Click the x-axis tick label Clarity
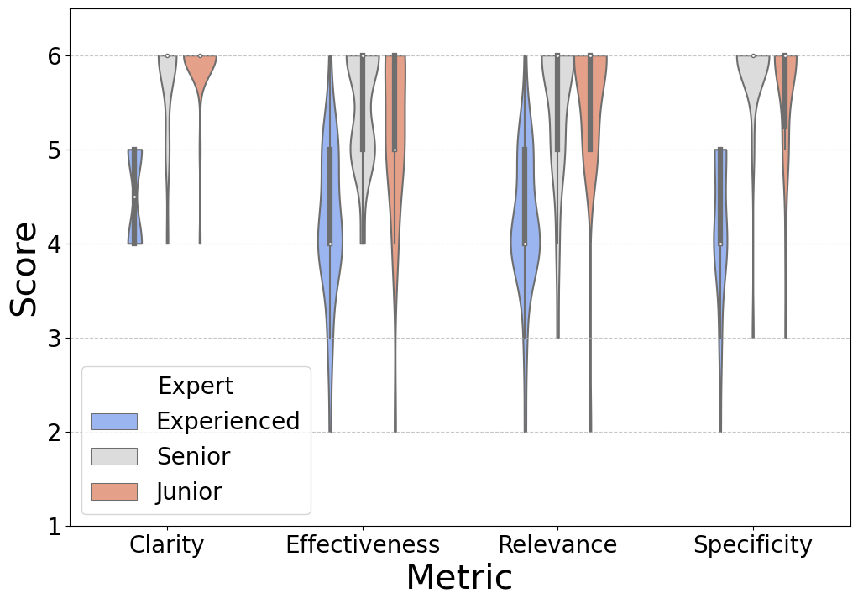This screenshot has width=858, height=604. pyautogui.click(x=166, y=545)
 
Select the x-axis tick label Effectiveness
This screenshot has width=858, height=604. pyautogui.click(x=362, y=545)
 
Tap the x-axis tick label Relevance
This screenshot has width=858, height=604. pyautogui.click(x=557, y=545)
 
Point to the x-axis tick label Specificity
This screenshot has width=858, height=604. pyautogui.click(x=753, y=545)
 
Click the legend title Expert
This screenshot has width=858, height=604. pyautogui.click(x=196, y=386)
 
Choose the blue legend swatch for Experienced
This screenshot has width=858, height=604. pyautogui.click(x=113, y=421)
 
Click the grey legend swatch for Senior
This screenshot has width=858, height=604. pyautogui.click(x=113, y=456)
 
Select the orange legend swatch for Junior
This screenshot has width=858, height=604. pyautogui.click(x=113, y=491)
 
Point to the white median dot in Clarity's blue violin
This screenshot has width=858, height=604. pyautogui.click(x=134, y=197)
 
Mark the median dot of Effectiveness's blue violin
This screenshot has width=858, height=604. pyautogui.click(x=330, y=244)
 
